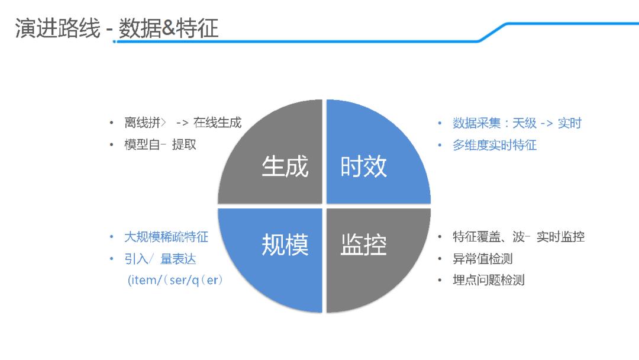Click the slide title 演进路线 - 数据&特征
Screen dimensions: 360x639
pos(117,28)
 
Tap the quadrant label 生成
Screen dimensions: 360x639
pos(285,167)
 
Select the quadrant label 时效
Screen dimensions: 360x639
pos(363,167)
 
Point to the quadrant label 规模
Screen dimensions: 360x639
pos(285,245)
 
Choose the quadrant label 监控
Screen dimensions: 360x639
pos(363,245)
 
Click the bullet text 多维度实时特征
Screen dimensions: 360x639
pos(495,145)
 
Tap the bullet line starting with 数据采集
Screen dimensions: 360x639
pos(517,123)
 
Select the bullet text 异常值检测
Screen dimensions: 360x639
pos(483,259)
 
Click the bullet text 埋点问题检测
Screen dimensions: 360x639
pos(489,280)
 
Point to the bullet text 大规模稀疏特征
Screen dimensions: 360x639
pos(166,237)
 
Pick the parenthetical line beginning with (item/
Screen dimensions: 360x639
pos(175,280)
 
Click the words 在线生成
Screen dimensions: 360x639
pos(218,123)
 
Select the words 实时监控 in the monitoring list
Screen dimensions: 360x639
pos(560,237)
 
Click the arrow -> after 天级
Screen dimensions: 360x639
pos(547,123)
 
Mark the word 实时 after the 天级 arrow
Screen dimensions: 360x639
pos(570,123)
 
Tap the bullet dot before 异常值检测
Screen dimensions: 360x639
pos(440,259)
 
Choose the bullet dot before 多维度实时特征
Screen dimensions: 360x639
pos(440,146)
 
